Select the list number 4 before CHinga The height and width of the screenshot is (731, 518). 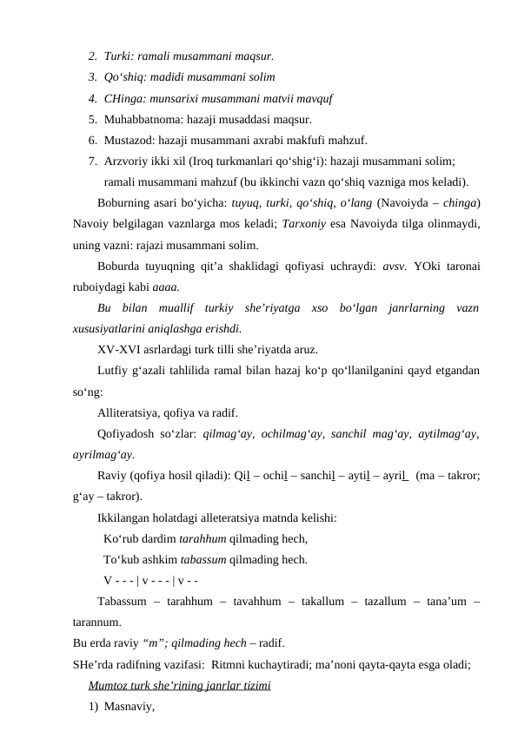[91, 98]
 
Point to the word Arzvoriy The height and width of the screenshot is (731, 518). [126, 161]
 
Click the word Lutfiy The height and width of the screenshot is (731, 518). [114, 372]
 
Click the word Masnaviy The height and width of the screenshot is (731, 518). [128, 708]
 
